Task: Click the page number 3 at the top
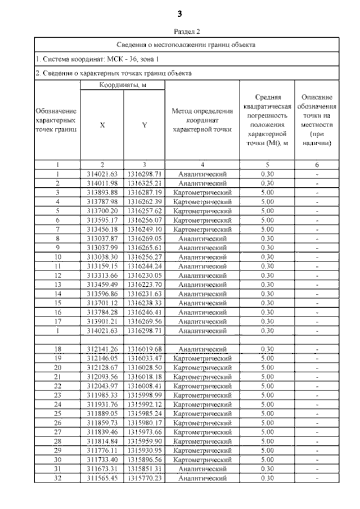pos(179,13)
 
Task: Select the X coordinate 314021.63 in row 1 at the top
pos(102,174)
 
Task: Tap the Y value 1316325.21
pos(144,183)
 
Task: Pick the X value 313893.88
pos(102,192)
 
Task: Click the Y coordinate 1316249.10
pos(144,229)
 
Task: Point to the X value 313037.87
pos(102,238)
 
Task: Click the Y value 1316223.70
pos(144,284)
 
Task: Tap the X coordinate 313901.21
pos(102,321)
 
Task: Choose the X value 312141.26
pos(102,349)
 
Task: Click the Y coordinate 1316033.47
pos(144,358)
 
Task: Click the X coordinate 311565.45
pos(102,478)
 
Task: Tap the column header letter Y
pos(144,125)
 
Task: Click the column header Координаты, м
pos(123,85)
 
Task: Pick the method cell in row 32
pos(202,478)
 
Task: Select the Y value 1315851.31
pos(144,469)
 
